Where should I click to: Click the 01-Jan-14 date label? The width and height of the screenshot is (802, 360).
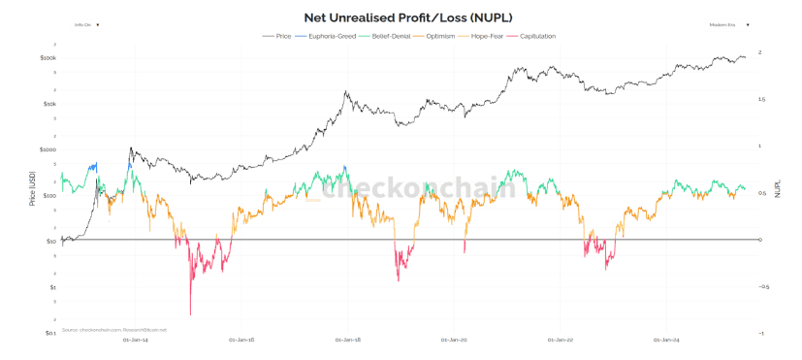[136, 341]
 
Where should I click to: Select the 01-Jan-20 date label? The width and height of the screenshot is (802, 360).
[454, 341]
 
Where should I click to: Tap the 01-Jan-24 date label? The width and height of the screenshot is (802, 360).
[666, 341]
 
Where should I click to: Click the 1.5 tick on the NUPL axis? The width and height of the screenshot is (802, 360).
[761, 99]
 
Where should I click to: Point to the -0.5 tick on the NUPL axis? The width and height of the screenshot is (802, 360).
[762, 286]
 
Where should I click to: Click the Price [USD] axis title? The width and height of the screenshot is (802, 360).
[32, 192]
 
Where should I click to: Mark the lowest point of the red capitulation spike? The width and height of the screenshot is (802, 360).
[190, 314]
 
